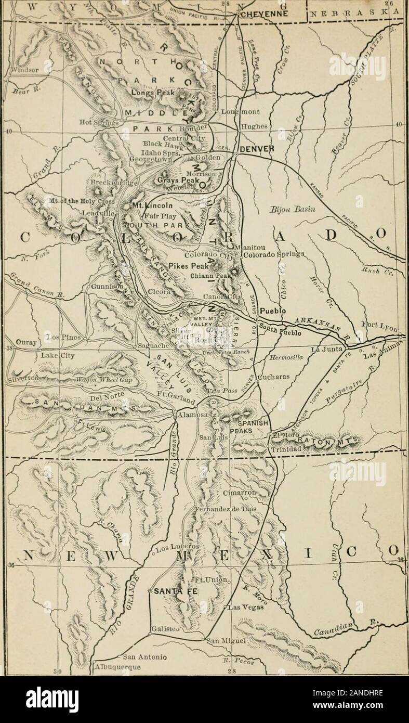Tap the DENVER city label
(256, 149)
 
